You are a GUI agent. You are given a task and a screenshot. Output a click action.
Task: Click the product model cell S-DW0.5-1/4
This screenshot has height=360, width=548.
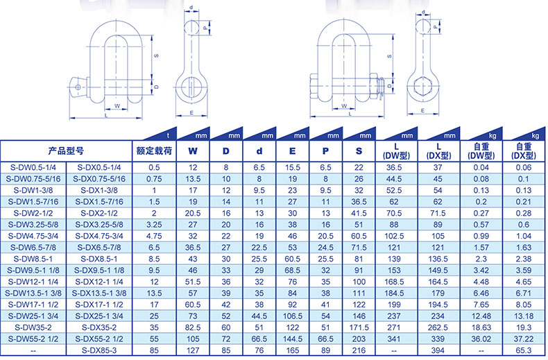pyautogui.click(x=33, y=167)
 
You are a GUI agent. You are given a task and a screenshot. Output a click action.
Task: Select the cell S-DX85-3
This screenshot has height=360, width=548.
pyautogui.click(x=99, y=350)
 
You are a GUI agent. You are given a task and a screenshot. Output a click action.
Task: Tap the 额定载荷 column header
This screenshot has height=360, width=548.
pyautogui.click(x=154, y=151)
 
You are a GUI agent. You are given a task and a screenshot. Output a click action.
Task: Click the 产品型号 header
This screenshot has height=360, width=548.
pyautogui.click(x=66, y=151)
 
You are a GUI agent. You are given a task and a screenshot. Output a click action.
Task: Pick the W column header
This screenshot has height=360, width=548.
pyautogui.click(x=193, y=151)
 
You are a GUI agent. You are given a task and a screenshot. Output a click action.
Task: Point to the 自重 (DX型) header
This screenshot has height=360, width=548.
pyautogui.click(x=523, y=151)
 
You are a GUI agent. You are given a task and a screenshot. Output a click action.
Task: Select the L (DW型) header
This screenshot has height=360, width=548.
pyautogui.click(x=396, y=151)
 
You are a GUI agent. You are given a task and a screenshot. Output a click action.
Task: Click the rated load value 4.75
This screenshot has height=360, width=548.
pyautogui.click(x=154, y=236)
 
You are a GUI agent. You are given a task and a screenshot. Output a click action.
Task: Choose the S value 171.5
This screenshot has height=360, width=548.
pyautogui.click(x=359, y=327)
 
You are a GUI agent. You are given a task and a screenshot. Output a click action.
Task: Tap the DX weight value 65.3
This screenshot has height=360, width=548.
pyautogui.click(x=523, y=350)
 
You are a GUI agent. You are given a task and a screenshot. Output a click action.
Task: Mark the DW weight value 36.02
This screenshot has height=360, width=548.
pyautogui.click(x=481, y=339)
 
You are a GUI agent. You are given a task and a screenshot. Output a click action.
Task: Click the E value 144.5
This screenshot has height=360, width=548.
pyautogui.click(x=293, y=339)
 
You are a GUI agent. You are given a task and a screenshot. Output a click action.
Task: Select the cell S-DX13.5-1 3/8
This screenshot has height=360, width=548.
pyautogui.click(x=99, y=293)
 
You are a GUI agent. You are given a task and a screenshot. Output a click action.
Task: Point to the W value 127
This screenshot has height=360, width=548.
pyautogui.click(x=193, y=350)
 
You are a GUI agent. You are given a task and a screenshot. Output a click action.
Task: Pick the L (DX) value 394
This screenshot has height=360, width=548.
pyautogui.click(x=438, y=350)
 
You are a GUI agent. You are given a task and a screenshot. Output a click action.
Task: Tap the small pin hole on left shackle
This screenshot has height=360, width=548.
pyautogui.click(x=78, y=87)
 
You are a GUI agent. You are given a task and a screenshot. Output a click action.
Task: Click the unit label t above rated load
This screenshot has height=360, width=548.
pyautogui.click(x=168, y=136)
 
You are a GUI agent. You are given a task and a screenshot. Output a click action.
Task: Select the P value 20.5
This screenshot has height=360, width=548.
pyautogui.click(x=325, y=236)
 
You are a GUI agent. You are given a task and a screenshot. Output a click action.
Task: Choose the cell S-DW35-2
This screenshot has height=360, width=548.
pyautogui.click(x=33, y=327)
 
